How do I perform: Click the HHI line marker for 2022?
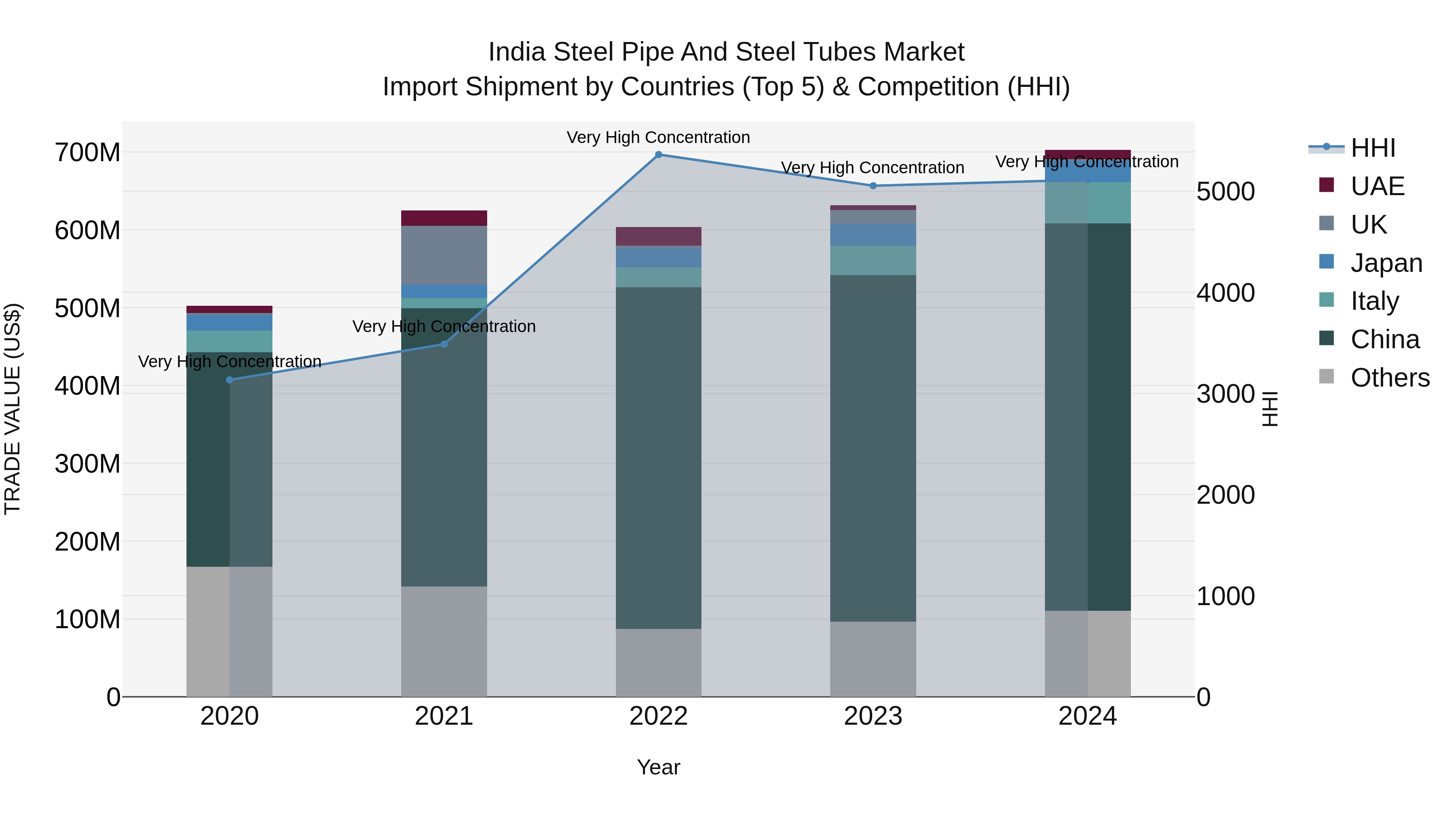point(658,155)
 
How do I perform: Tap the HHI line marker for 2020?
point(230,380)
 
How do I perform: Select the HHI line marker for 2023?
point(873,186)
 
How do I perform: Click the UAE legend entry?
point(1377,186)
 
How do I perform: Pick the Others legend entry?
point(1390,378)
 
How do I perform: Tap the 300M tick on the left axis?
point(88,464)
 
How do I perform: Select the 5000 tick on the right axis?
point(1225,192)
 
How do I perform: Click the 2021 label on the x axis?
point(444,716)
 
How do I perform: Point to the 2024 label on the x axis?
point(1087,716)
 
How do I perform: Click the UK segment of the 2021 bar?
point(444,255)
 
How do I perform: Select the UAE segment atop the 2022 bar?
point(658,236)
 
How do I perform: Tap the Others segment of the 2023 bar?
point(873,659)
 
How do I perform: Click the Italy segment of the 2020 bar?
point(230,341)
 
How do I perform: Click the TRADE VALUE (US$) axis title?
point(13,409)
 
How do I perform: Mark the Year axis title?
point(658,768)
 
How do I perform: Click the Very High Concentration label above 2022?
point(658,137)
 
